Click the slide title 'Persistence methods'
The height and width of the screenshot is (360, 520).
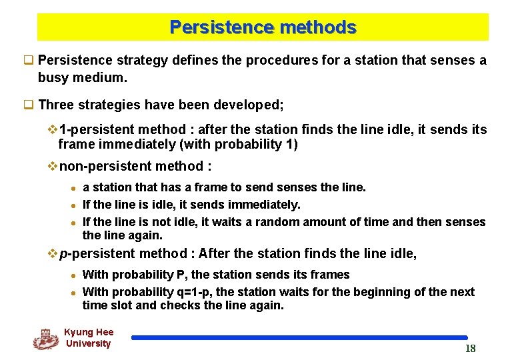coord(263,27)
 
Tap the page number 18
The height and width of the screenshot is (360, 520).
coord(470,349)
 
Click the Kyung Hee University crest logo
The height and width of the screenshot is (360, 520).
coord(45,339)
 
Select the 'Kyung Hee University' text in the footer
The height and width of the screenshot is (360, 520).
coord(89,338)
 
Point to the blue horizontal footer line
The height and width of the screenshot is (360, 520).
coord(299,338)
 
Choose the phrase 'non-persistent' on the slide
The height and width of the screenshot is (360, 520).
coord(106,166)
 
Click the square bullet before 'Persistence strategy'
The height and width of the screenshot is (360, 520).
coord(29,61)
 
